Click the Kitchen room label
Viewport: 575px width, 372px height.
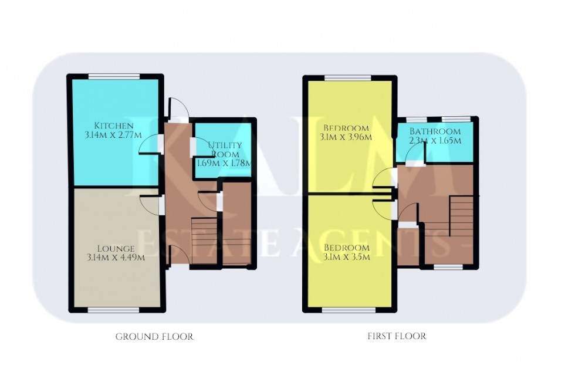click(115, 126)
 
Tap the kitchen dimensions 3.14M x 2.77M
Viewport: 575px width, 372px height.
click(115, 136)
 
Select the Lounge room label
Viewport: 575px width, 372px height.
click(115, 248)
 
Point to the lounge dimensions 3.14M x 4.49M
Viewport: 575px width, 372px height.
click(115, 257)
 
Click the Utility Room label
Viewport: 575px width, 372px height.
click(222, 149)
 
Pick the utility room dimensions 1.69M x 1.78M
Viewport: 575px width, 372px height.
click(222, 164)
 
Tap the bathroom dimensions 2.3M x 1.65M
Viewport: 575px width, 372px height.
click(434, 141)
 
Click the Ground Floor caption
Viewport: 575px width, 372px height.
click(154, 337)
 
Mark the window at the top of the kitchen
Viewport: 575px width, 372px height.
click(114, 76)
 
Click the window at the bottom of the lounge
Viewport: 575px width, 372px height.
click(114, 309)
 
